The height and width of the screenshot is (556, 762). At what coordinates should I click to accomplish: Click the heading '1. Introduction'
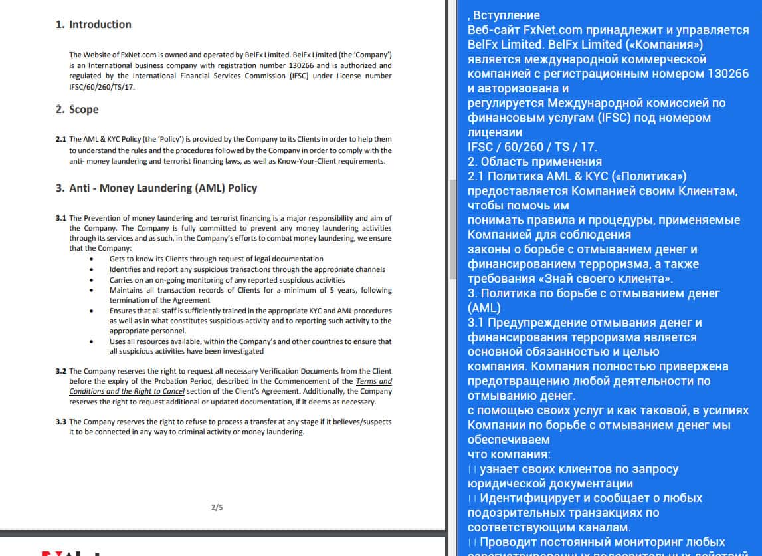(94, 25)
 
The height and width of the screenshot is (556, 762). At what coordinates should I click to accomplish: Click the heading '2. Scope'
(77, 110)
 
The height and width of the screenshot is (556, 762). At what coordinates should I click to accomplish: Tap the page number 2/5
(217, 507)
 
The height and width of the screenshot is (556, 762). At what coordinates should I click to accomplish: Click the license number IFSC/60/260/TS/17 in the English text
(102, 87)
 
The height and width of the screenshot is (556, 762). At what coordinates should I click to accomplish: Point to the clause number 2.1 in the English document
(61, 140)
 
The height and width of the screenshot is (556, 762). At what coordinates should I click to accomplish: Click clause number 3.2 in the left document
(61, 371)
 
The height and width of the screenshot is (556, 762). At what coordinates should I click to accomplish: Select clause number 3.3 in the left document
(61, 422)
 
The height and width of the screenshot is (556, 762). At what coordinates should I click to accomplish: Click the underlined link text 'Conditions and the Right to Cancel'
(127, 392)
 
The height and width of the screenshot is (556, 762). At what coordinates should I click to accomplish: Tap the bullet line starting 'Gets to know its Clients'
(216, 259)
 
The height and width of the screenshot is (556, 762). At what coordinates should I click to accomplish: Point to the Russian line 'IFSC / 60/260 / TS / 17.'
(532, 147)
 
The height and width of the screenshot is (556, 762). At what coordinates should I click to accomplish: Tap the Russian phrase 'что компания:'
(509, 454)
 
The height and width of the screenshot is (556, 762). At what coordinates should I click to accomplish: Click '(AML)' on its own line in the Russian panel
(484, 308)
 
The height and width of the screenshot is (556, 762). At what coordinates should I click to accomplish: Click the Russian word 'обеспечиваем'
(509, 440)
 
